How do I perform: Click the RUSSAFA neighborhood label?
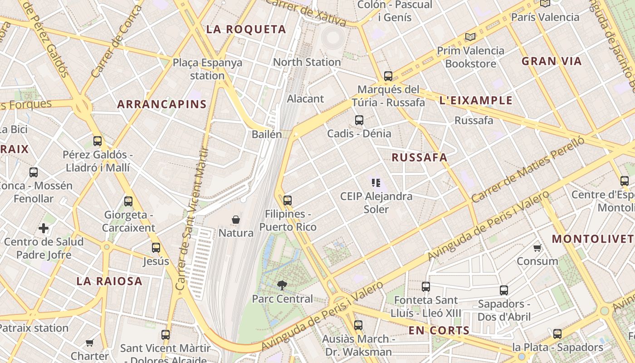pyautogui.click(x=419, y=157)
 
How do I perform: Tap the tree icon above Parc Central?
pyautogui.click(x=282, y=285)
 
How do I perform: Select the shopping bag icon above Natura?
pyautogui.click(x=236, y=220)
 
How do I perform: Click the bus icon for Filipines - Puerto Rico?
pyautogui.click(x=287, y=201)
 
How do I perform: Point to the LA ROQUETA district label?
pyautogui.click(x=246, y=29)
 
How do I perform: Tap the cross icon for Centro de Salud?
pyautogui.click(x=44, y=228)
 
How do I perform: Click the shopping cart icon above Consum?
pyautogui.click(x=537, y=248)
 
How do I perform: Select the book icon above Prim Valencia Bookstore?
pyautogui.click(x=470, y=37)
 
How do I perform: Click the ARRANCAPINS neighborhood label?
pyautogui.click(x=162, y=104)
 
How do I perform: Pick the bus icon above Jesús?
pyautogui.click(x=156, y=248)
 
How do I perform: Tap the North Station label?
pyautogui.click(x=307, y=62)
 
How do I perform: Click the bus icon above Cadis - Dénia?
pyautogui.click(x=359, y=120)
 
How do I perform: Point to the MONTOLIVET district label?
pyautogui.click(x=592, y=239)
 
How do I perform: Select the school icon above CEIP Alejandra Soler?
pyautogui.click(x=376, y=183)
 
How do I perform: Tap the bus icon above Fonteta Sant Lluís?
pyautogui.click(x=425, y=287)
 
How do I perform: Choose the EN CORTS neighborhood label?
pyautogui.click(x=439, y=330)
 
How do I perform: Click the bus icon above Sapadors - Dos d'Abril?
pyautogui.click(x=503, y=290)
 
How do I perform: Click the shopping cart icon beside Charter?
pyautogui.click(x=90, y=343)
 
